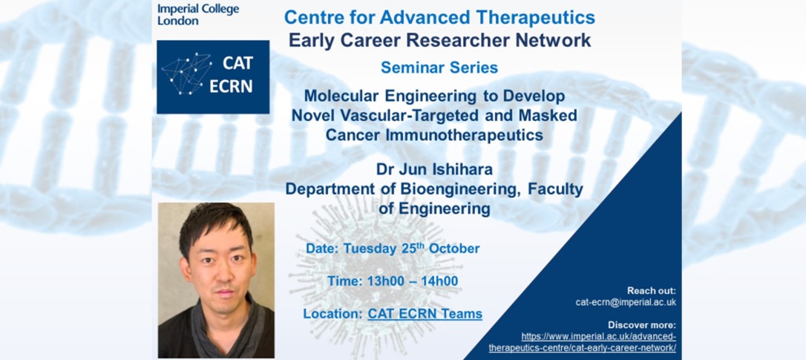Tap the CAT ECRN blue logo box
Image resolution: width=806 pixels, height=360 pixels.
[213, 76]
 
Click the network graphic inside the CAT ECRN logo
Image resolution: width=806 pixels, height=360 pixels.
[186, 73]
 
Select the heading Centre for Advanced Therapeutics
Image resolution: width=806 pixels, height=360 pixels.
[439, 17]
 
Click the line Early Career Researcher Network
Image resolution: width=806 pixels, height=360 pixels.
[439, 40]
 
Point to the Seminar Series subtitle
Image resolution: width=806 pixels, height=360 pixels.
[439, 68]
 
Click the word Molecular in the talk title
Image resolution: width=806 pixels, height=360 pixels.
[342, 97]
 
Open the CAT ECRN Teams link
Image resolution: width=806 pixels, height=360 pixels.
[425, 314]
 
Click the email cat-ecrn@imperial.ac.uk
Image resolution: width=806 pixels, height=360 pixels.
[626, 302]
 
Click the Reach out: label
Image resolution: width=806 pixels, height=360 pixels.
[652, 290]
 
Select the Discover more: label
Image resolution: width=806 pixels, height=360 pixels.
[642, 324]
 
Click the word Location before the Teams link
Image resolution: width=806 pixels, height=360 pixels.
[332, 314]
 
